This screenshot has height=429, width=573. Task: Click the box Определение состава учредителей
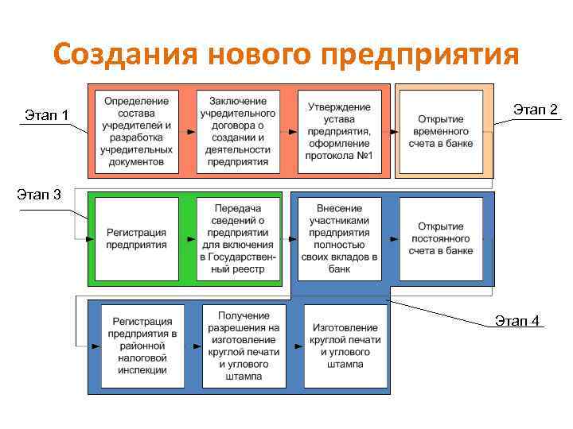coord(137,131)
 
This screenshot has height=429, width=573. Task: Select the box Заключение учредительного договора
coord(238,131)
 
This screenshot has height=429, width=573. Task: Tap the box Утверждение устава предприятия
coord(339,131)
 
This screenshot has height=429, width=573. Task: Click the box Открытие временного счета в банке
coord(441,131)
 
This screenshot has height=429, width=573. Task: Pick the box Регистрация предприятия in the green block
coord(137,238)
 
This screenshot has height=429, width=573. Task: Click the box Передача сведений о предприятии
coord(238,238)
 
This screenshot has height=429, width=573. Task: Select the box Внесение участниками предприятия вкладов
coord(339,238)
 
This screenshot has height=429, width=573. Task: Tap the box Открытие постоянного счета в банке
coord(441,238)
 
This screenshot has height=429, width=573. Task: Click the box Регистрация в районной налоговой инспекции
coord(143,346)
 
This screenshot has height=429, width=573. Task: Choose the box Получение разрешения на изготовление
coord(244,346)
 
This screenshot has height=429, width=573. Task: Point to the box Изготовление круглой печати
coord(345,346)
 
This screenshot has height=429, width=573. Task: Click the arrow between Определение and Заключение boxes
coord(188,131)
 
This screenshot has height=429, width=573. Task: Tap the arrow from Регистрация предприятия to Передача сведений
coord(188,238)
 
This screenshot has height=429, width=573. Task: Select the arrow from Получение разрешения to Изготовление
coord(295,346)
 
